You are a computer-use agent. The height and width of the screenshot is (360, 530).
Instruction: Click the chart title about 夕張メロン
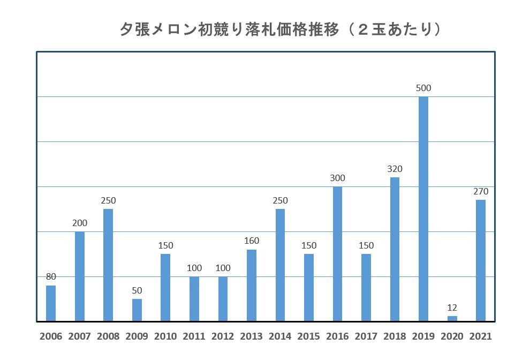(281, 29)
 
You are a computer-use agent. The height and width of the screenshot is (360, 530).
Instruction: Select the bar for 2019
(423, 209)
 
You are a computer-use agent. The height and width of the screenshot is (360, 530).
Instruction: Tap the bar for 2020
(452, 319)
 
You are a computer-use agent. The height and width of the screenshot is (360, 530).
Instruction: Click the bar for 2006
(51, 303)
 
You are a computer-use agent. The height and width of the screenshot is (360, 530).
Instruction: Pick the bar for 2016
(337, 254)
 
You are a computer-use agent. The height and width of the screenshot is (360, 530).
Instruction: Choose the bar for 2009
(137, 310)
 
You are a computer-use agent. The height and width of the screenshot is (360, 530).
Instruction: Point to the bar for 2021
(480, 260)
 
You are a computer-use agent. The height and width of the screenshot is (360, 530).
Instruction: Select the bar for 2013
(252, 286)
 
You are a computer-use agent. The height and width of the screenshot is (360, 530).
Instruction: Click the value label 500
(423, 88)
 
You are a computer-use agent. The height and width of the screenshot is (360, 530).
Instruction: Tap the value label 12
(452, 307)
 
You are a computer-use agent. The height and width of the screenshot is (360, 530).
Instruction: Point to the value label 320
(395, 169)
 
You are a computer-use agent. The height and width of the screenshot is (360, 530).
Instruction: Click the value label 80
(51, 277)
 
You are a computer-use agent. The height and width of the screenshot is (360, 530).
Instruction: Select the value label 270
(480, 191)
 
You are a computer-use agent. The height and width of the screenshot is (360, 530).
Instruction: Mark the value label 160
(252, 241)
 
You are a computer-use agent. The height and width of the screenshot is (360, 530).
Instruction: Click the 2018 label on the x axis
(395, 336)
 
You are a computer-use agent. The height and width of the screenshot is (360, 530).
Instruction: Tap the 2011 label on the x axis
(194, 336)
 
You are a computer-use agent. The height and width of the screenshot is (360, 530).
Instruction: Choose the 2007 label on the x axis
(80, 336)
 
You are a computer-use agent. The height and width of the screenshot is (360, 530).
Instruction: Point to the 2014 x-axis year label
(280, 336)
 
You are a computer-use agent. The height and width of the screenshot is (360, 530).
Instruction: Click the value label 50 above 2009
(137, 290)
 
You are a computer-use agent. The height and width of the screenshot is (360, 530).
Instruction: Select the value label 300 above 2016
(337, 178)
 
